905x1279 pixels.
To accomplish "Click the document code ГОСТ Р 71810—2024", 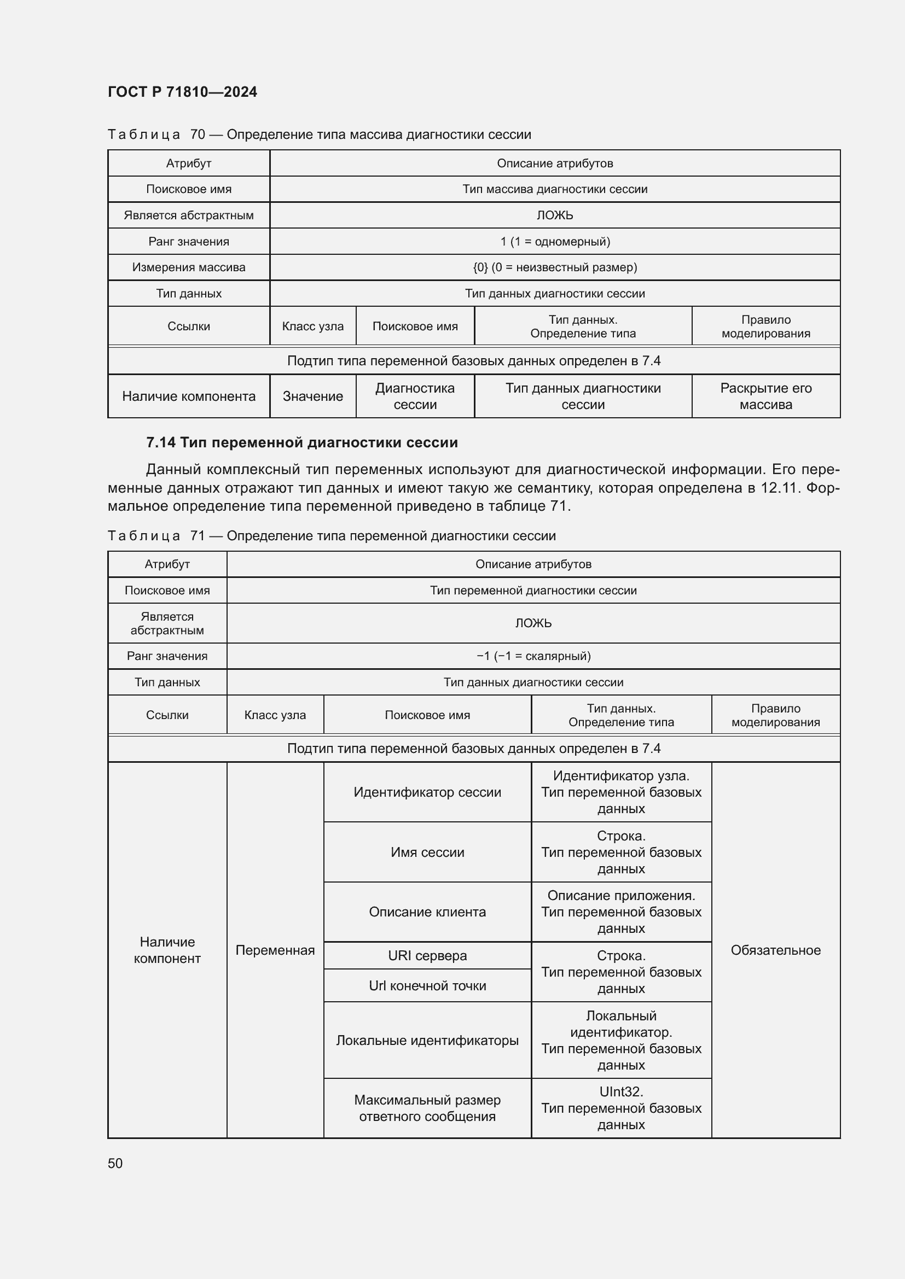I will pyautogui.click(x=182, y=92).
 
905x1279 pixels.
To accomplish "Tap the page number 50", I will pyautogui.click(x=115, y=1163).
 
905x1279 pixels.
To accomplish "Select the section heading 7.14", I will pyautogui.click(x=301, y=442).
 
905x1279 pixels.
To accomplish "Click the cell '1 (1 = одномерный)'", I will pyautogui.click(x=554, y=241).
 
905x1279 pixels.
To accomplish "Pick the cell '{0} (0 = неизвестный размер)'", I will pyautogui.click(x=554, y=267).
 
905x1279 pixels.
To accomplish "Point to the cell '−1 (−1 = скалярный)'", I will pyautogui.click(x=533, y=656).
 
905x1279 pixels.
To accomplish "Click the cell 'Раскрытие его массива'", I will pyautogui.click(x=765, y=396).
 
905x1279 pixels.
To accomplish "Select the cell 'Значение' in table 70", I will pyautogui.click(x=312, y=396).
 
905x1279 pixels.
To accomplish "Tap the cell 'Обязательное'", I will pyautogui.click(x=775, y=950).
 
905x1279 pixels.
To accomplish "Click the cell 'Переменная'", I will pyautogui.click(x=275, y=950).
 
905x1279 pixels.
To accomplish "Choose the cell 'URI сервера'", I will pyautogui.click(x=427, y=955).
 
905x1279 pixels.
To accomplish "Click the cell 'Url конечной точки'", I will pyautogui.click(x=427, y=985).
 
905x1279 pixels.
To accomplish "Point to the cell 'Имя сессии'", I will pyautogui.click(x=427, y=852).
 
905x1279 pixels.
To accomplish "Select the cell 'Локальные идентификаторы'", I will pyautogui.click(x=427, y=1040).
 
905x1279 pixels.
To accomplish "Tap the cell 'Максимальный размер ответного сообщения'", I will pyautogui.click(x=427, y=1108).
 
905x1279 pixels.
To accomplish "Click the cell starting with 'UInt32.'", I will pyautogui.click(x=621, y=1108).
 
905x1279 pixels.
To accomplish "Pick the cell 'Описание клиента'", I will pyautogui.click(x=427, y=912).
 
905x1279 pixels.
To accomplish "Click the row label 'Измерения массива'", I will pyautogui.click(x=188, y=267).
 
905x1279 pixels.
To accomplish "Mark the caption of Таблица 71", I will pyautogui.click(x=332, y=536).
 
